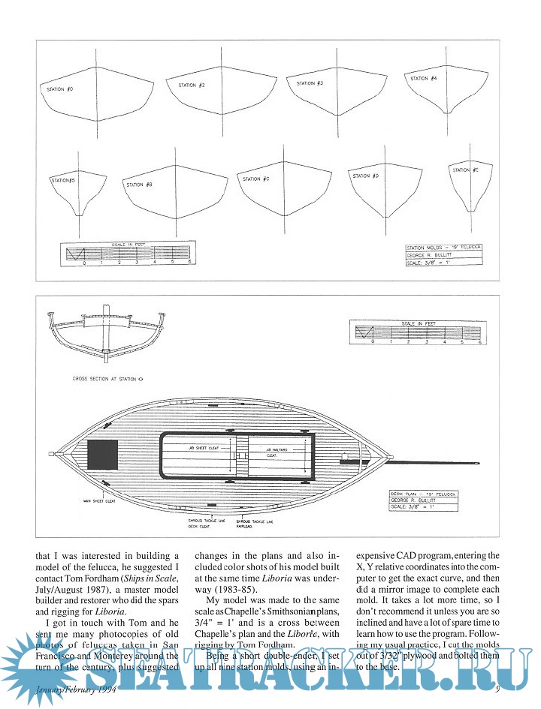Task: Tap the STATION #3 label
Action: click(x=310, y=83)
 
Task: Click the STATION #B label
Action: click(x=140, y=185)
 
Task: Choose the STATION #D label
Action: click(x=365, y=176)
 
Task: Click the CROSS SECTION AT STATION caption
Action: click(x=104, y=380)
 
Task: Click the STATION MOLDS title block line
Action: click(x=444, y=247)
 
